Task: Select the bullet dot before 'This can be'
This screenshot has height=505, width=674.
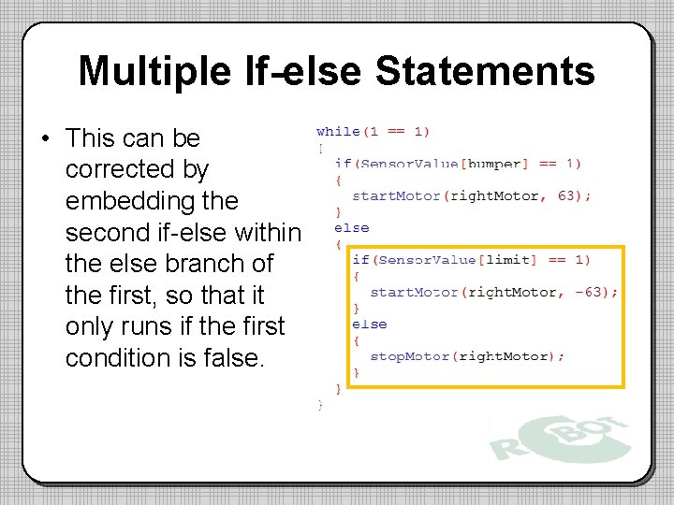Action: click(45, 139)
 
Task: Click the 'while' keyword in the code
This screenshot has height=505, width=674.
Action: click(338, 132)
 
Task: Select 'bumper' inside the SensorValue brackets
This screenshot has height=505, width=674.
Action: click(493, 164)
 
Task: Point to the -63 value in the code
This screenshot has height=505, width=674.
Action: click(595, 292)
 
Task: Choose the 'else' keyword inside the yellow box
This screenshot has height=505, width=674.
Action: click(369, 324)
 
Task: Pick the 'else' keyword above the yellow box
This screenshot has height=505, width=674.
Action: click(351, 227)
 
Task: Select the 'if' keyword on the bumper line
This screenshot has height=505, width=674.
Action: click(343, 164)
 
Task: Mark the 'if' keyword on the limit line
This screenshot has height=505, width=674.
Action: click(360, 259)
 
